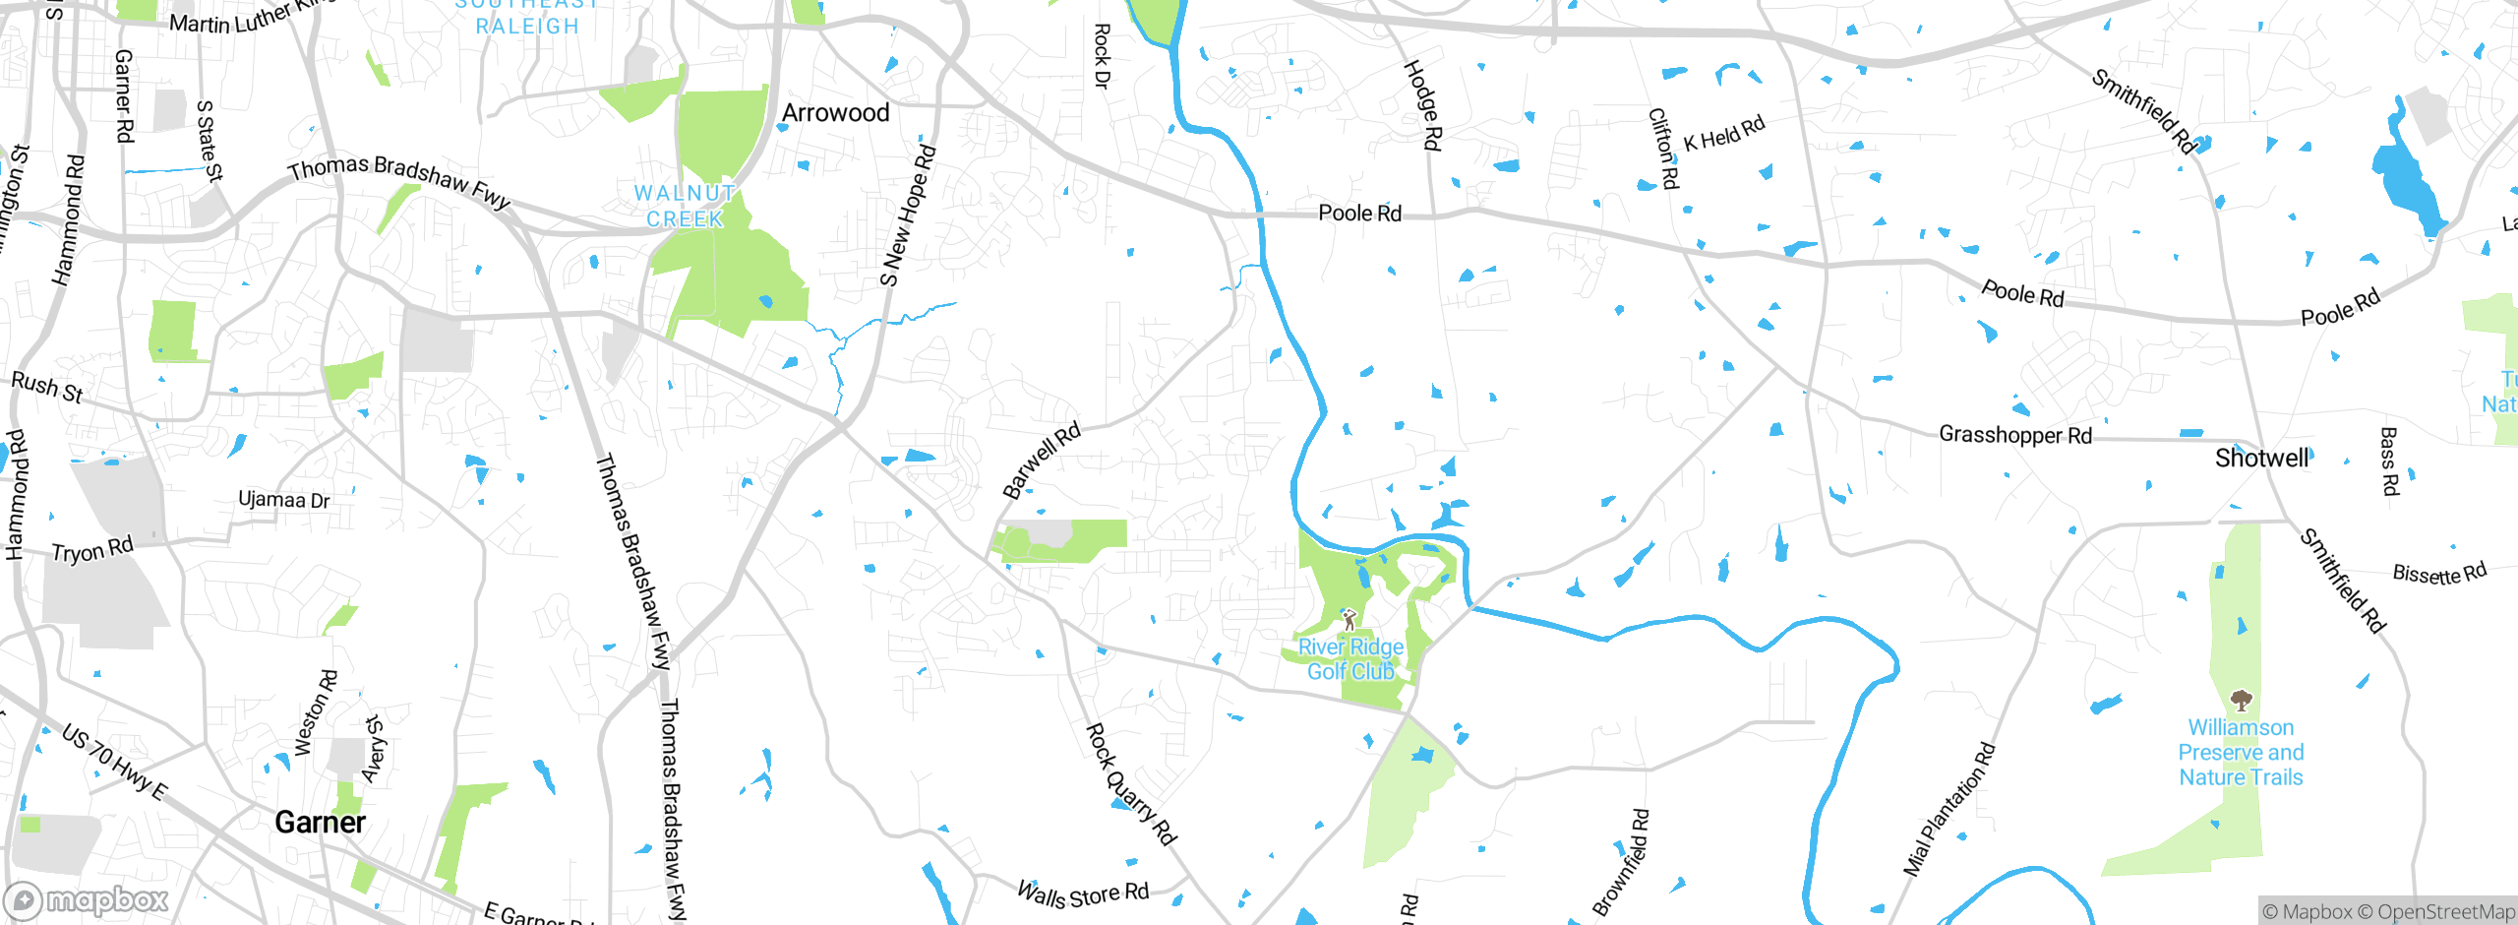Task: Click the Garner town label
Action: point(320,822)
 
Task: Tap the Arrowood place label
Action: point(835,113)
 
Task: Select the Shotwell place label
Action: point(2261,458)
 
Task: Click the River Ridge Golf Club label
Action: point(1350,659)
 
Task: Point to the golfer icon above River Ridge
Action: point(1349,620)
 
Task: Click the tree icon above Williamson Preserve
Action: point(2241,701)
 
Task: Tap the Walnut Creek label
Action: point(685,207)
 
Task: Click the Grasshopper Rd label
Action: point(2014,434)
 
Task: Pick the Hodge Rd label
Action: point(1422,105)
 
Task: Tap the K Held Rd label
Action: point(1723,135)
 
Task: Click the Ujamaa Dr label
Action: point(283,500)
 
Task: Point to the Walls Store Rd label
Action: point(1082,895)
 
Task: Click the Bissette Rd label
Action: point(2438,573)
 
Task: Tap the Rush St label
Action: point(46,387)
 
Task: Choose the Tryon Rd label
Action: point(91,549)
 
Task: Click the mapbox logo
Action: point(87,899)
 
